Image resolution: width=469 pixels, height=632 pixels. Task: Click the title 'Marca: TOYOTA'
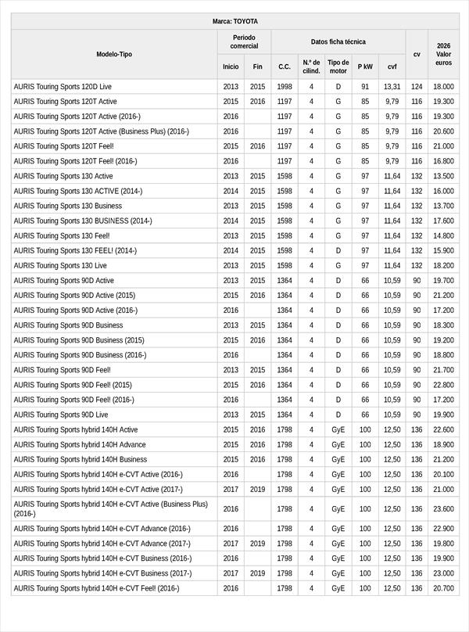tap(234, 21)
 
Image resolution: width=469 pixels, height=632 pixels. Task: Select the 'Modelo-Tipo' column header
tap(114, 54)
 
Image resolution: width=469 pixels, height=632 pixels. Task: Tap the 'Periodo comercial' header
tap(244, 41)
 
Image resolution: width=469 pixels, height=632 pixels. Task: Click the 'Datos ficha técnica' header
tap(338, 41)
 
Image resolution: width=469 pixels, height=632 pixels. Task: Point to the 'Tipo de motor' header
tap(338, 66)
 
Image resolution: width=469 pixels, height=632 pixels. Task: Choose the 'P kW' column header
tap(365, 66)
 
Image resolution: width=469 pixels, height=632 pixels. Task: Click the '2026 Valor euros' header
tap(443, 54)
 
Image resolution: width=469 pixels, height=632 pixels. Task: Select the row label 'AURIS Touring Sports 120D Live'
tap(63, 87)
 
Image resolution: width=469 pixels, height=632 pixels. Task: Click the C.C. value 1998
tap(285, 87)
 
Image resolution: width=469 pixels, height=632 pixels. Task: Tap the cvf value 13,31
tap(392, 87)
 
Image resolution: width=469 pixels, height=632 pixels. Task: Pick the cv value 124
tap(417, 87)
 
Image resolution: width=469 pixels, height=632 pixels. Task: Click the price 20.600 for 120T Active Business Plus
tap(443, 131)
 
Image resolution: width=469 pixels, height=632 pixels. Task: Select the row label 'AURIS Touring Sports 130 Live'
tap(60, 266)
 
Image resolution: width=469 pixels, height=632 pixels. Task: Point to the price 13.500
tap(443, 177)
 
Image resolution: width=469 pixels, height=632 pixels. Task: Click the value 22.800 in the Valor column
tap(443, 385)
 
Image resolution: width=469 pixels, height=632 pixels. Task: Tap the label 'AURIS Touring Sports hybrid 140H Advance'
tap(80, 444)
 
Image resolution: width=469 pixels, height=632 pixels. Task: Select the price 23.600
tap(443, 508)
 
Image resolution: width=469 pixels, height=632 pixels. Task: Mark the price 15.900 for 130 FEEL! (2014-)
tap(443, 251)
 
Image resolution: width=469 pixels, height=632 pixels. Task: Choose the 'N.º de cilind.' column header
tap(311, 66)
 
